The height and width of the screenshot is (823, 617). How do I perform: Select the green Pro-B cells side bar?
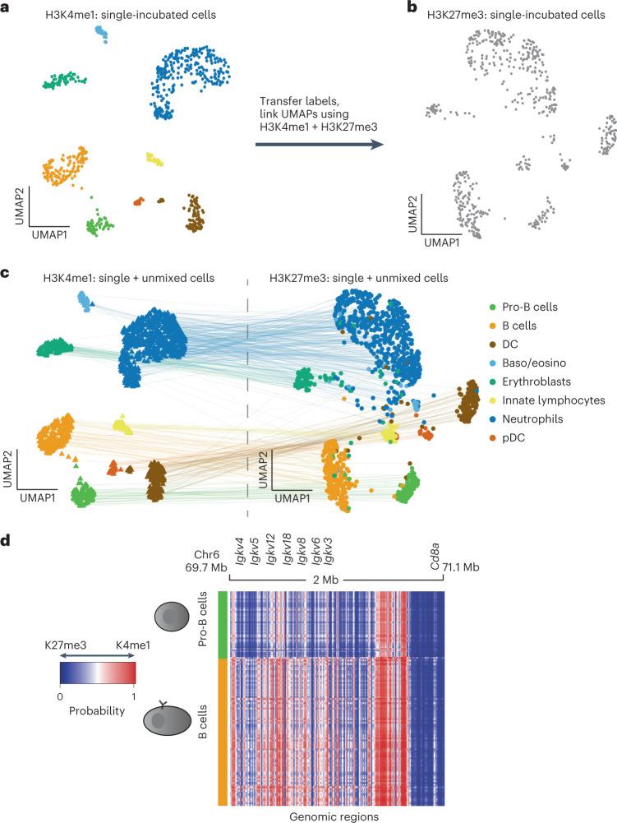[223, 622]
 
